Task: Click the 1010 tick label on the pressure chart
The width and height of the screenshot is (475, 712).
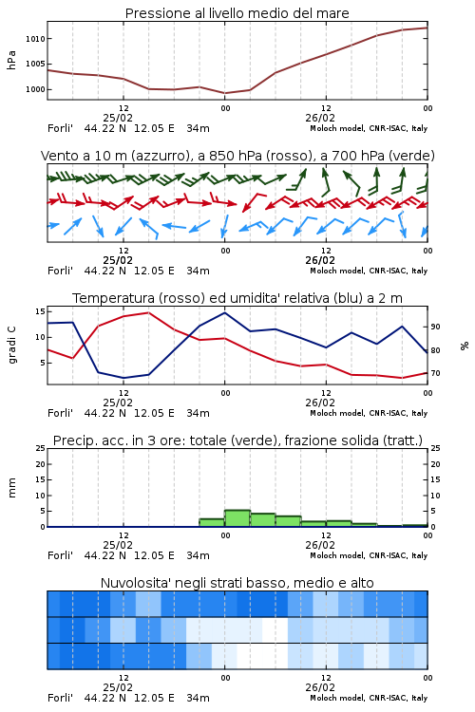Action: click(x=35, y=39)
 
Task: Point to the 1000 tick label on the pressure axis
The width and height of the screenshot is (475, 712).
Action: click(x=35, y=89)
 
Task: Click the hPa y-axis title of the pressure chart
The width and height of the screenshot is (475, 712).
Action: click(x=11, y=60)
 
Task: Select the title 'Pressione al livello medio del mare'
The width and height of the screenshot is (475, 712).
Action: click(x=237, y=13)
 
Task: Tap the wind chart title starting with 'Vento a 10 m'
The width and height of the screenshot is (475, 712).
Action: click(x=237, y=157)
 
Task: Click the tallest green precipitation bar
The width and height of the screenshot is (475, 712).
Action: click(x=237, y=518)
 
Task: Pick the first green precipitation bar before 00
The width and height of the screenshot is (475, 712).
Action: click(x=212, y=523)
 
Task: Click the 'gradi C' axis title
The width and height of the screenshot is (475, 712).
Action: click(x=11, y=346)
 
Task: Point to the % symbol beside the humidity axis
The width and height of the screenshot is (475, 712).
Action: click(x=465, y=346)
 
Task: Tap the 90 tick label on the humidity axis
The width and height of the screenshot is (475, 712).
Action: click(x=435, y=327)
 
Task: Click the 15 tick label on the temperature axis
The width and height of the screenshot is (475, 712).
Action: click(x=40, y=311)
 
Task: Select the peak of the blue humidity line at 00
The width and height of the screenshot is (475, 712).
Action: click(x=224, y=312)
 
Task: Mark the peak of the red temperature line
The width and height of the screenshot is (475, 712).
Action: click(x=148, y=312)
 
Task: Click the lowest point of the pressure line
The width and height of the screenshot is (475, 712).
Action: click(x=224, y=93)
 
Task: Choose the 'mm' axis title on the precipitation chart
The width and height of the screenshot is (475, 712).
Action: click(x=11, y=488)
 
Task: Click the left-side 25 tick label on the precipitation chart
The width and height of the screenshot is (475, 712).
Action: click(x=40, y=448)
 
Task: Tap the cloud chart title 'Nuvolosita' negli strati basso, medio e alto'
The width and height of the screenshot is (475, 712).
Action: click(x=237, y=583)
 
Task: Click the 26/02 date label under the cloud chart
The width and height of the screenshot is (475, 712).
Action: click(x=320, y=687)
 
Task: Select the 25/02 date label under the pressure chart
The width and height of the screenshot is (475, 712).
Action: click(x=118, y=118)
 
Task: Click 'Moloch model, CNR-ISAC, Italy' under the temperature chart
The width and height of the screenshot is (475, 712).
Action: click(x=369, y=413)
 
